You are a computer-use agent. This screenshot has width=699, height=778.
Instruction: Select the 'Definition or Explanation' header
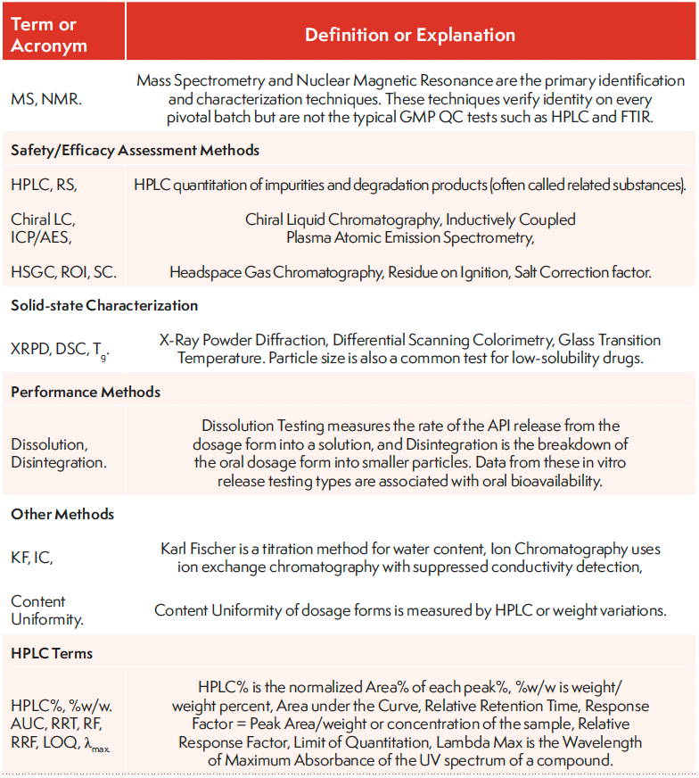coord(410,35)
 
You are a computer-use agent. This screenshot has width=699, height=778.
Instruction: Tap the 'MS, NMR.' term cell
coord(46,99)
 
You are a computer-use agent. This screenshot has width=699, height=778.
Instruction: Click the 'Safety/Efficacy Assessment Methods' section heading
coord(135,151)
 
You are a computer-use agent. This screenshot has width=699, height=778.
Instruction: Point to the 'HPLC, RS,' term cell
coord(45,185)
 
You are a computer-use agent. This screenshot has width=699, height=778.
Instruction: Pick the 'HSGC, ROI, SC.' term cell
coord(63,271)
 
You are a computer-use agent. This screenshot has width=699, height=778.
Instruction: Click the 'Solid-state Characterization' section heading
coord(104,305)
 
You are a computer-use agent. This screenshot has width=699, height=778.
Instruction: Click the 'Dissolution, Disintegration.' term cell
coord(54,452)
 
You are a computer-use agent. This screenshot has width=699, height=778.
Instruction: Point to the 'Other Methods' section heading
coord(62,514)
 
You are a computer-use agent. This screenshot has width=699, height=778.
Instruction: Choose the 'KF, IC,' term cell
coord(31,557)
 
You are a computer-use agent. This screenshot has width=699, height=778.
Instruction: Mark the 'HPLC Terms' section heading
coord(52,653)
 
